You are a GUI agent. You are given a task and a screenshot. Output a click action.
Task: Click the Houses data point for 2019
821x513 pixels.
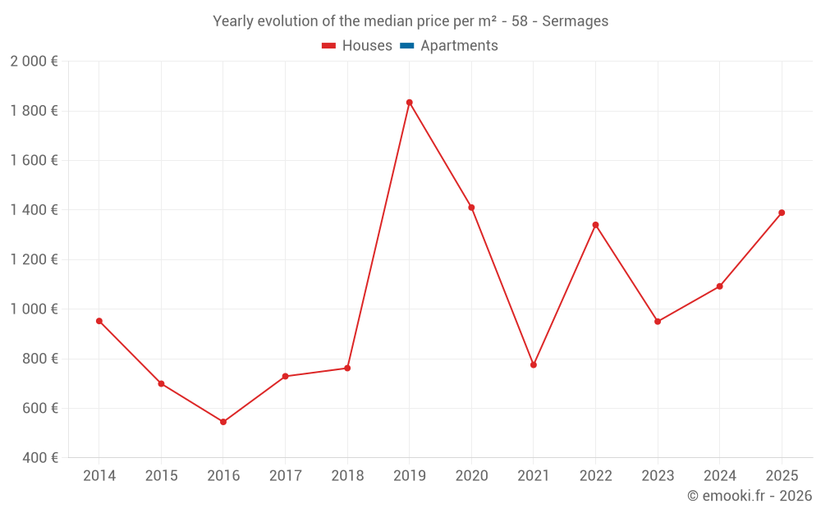coord(409,103)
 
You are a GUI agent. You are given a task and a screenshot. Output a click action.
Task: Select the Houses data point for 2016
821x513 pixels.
coord(223,422)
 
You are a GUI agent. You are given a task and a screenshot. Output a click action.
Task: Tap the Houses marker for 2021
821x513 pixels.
coord(534,364)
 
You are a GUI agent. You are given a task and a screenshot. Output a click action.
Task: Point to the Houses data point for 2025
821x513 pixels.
coord(782,213)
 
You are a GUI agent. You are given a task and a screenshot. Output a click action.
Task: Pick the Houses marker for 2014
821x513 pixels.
coord(99,321)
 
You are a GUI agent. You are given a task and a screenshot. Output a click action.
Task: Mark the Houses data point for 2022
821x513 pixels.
coord(595,225)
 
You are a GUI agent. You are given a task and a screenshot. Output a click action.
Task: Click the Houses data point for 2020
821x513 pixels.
coord(471,208)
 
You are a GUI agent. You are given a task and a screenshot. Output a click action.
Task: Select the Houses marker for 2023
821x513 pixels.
coord(658,322)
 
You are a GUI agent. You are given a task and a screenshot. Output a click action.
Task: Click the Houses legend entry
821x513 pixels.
coord(357,46)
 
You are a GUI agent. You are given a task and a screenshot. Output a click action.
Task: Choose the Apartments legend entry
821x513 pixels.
coord(449,46)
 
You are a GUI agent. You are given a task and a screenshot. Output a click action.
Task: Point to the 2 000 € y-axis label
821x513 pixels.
coord(34,62)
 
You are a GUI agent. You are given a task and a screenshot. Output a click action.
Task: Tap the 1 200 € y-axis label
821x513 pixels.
coord(34,260)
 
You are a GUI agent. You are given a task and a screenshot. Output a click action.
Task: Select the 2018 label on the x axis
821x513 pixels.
coord(347,476)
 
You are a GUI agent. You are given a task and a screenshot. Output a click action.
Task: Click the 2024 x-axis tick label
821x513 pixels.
coord(719,476)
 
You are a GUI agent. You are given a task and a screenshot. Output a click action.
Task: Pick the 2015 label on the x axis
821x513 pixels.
coord(161,476)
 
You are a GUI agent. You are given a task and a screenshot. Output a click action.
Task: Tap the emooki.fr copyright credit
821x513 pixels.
coord(750,496)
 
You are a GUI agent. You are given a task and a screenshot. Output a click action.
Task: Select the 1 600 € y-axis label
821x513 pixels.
coord(34,161)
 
